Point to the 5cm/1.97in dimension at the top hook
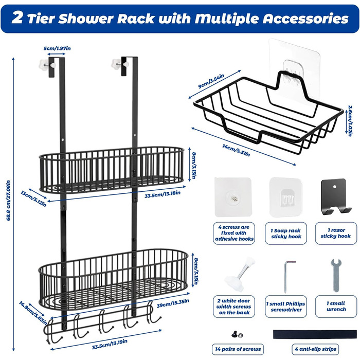click(57, 49)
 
